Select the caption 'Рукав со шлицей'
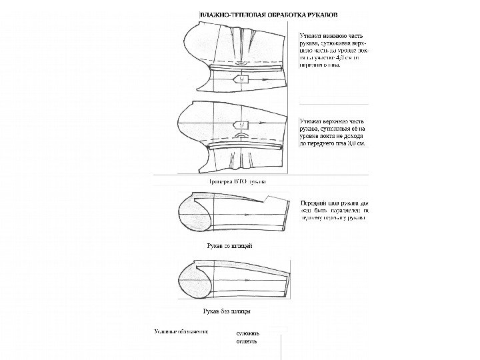[x=227, y=246]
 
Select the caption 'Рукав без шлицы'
[x=227, y=311]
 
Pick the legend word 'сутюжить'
[x=250, y=331]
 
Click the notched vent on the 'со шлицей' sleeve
[x=267, y=199]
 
